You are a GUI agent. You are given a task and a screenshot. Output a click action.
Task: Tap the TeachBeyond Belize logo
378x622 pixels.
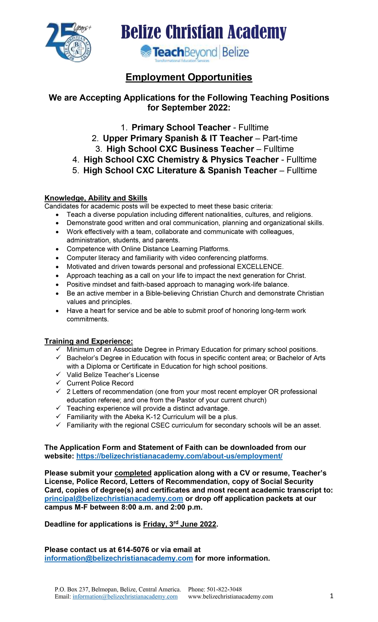point(194,53)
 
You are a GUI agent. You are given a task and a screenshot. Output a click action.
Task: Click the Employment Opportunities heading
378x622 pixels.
point(189,77)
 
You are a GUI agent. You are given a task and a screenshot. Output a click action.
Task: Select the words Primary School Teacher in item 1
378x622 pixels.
point(181,128)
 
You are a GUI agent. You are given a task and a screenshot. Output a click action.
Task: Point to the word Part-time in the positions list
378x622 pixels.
point(280,138)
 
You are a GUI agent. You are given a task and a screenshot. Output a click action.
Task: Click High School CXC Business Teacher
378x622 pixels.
point(180,149)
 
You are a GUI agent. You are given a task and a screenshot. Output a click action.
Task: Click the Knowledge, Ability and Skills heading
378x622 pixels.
point(96,198)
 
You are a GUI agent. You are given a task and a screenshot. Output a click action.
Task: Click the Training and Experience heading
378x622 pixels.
point(89,341)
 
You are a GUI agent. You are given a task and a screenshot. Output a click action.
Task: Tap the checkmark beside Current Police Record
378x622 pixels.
point(58,383)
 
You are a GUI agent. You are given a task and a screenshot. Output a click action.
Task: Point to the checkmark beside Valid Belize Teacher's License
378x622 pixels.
point(58,374)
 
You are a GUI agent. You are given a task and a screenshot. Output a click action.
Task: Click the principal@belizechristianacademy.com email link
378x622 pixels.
point(114,499)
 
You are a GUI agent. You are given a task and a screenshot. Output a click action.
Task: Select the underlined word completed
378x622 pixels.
point(133,473)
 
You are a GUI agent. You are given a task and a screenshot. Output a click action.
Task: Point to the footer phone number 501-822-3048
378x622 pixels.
point(224,589)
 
